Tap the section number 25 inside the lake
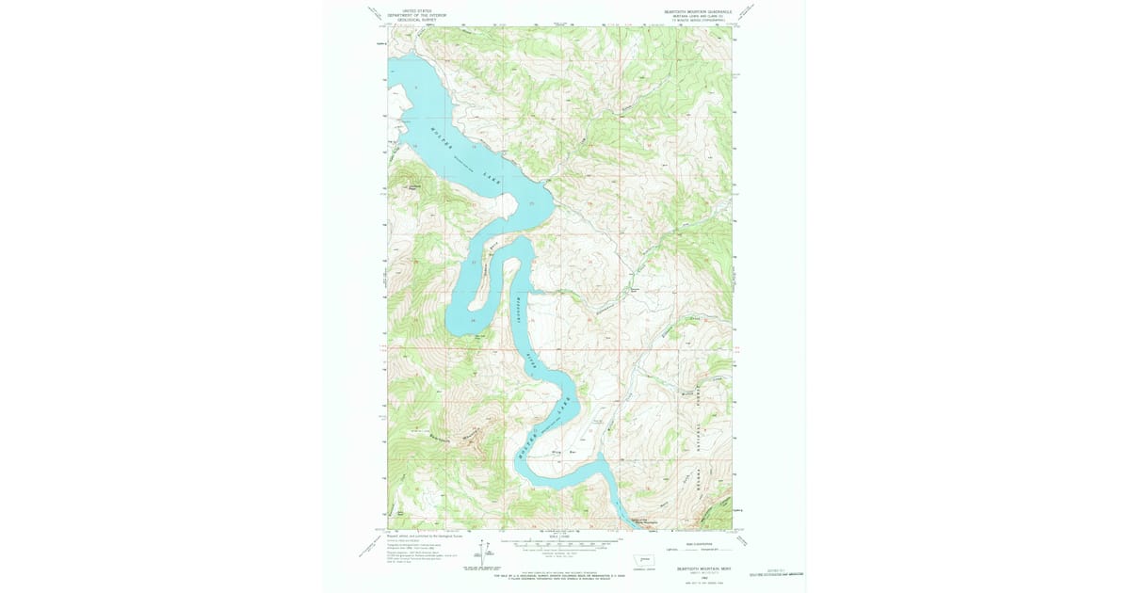532,203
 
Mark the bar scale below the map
560,542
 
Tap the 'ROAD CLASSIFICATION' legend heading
693,539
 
